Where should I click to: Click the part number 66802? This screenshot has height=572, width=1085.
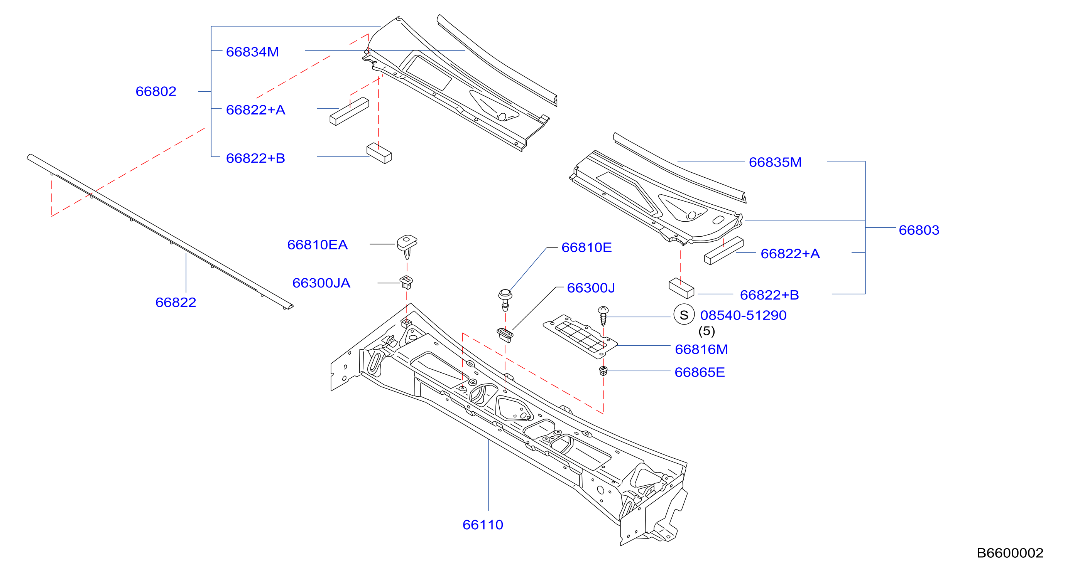point(156,91)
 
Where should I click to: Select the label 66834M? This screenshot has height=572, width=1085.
point(252,52)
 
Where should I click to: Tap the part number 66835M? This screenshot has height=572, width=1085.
point(775,162)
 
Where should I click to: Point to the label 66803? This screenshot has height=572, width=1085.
point(919,230)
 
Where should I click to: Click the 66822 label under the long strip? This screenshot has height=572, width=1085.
point(176,302)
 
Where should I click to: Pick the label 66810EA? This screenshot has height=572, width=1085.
point(317,244)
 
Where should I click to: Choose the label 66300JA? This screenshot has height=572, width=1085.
point(321,283)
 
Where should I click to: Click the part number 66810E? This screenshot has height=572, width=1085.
point(586,247)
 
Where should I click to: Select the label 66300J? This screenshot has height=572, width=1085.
point(591,288)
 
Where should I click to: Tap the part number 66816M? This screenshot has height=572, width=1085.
point(701,349)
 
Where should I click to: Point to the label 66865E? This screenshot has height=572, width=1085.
point(700,372)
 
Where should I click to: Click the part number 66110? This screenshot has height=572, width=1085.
point(483,525)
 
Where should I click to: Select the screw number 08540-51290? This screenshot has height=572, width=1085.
point(743,315)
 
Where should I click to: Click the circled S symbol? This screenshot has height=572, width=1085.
point(684,315)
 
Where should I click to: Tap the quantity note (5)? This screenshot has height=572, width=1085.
point(707,331)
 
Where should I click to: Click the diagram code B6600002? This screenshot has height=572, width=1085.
point(1010,553)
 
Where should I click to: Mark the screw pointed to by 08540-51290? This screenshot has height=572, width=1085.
point(603,316)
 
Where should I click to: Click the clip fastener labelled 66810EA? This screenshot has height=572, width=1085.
point(407,246)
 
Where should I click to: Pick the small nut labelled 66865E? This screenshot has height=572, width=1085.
point(603,371)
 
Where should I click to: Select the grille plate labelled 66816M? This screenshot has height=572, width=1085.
point(580,337)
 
